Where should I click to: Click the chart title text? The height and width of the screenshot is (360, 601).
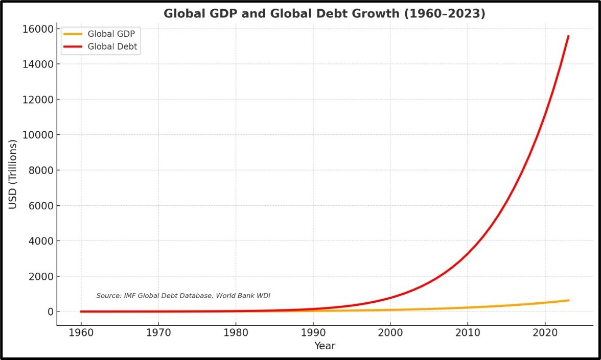tap(324, 14)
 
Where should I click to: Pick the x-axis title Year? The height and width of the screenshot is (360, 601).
tap(325, 346)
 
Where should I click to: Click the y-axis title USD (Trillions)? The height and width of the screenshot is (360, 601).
tap(13, 174)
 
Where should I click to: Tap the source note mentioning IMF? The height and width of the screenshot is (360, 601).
tap(183, 296)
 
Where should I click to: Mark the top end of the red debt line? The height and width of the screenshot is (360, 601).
tap(568, 36)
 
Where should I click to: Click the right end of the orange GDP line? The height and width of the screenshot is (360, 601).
tap(568, 300)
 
